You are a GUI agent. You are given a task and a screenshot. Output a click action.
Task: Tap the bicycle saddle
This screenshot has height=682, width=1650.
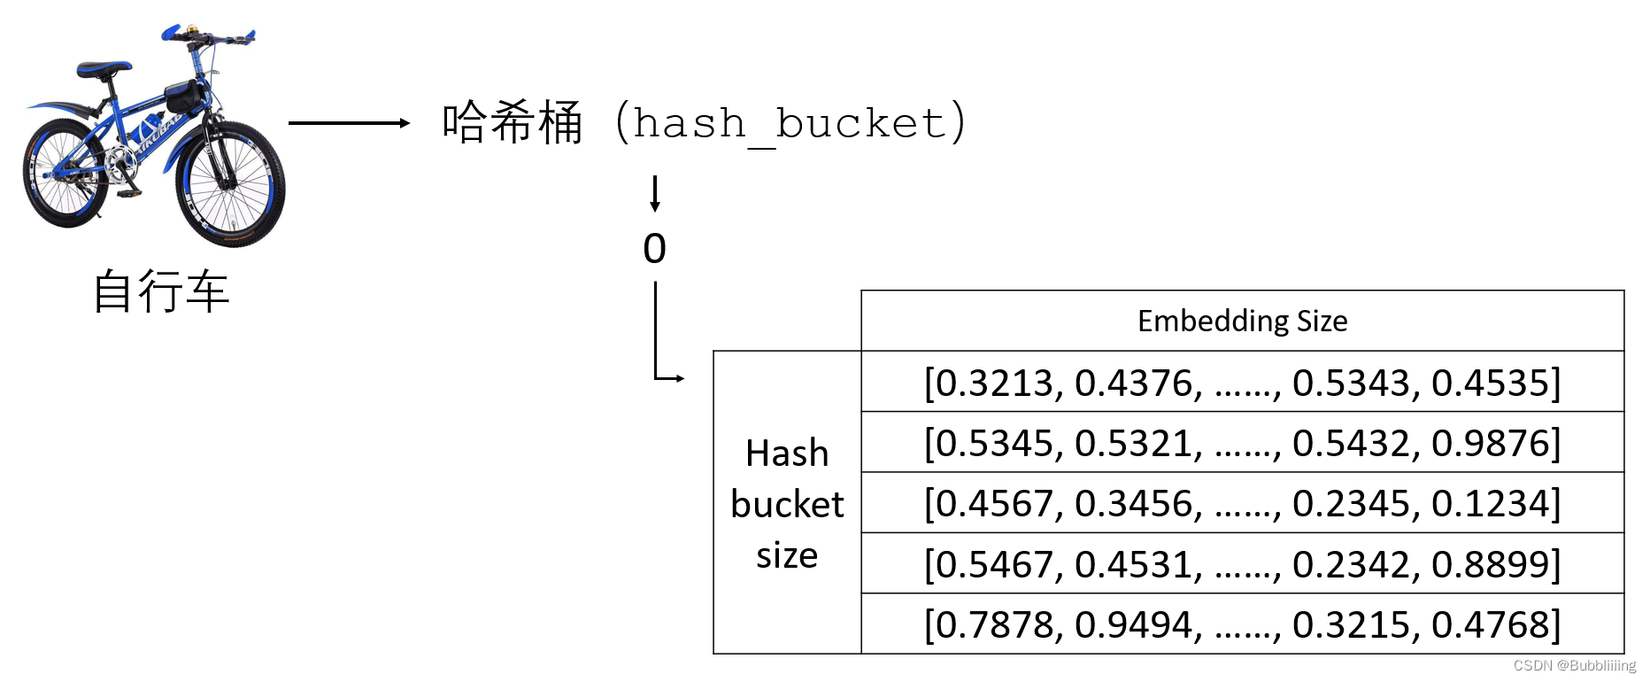click(104, 68)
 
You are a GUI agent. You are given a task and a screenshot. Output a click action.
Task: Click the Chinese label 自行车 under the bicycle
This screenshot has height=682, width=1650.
click(161, 291)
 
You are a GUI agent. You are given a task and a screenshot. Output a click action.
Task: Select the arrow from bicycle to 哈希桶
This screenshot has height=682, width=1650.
click(349, 123)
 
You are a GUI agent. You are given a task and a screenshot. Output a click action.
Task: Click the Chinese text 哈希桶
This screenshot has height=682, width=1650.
click(512, 122)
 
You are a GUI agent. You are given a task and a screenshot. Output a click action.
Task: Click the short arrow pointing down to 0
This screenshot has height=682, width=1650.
click(655, 193)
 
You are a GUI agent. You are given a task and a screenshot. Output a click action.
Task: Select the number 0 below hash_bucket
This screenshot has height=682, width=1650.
click(654, 249)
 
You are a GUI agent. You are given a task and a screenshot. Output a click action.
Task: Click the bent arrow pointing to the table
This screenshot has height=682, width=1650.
click(659, 354)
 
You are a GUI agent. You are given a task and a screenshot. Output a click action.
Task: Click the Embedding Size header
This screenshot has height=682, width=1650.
click(1242, 321)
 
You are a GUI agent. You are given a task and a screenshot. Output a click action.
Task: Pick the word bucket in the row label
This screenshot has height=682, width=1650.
click(787, 505)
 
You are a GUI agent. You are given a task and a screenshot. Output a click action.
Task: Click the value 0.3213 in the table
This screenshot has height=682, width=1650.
click(992, 384)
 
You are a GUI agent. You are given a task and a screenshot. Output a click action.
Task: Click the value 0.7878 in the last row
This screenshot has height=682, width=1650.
click(992, 625)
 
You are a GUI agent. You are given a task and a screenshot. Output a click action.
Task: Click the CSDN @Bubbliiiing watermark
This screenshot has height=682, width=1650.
click(1574, 665)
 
